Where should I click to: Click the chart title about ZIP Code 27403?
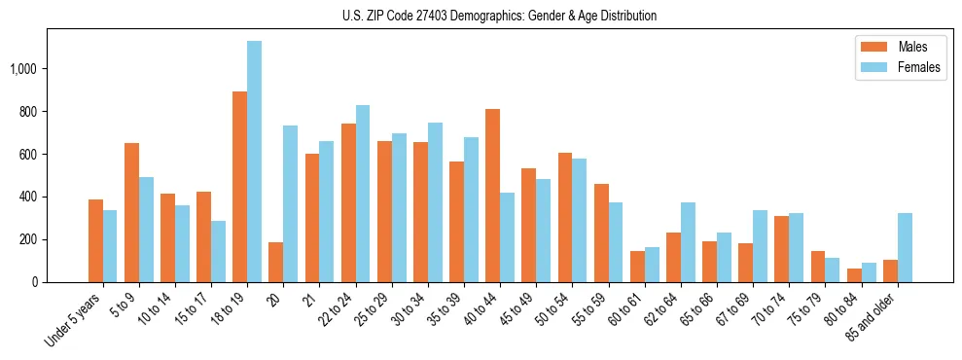pos(499,16)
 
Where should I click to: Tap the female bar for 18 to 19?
pos(254,162)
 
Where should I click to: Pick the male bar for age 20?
pos(275,263)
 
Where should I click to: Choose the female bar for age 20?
pos(290,204)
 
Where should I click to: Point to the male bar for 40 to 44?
pos(492,196)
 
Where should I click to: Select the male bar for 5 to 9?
pos(131,213)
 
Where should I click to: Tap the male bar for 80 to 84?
pos(854,275)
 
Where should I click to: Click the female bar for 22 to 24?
pos(362,194)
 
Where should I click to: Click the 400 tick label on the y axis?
pos(28,197)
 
